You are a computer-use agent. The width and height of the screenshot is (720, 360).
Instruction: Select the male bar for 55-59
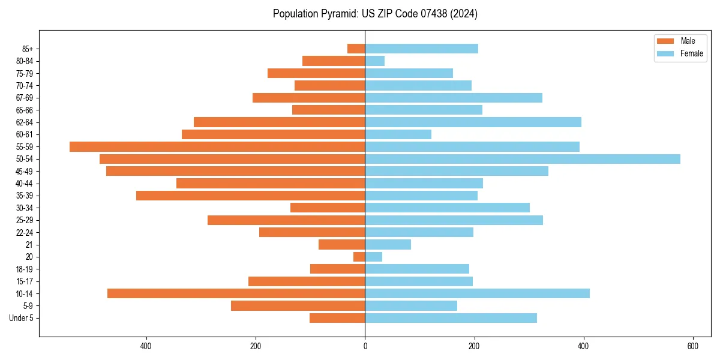click(217, 146)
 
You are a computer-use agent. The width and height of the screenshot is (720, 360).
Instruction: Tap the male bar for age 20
click(359, 257)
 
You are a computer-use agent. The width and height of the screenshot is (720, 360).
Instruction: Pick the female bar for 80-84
click(375, 61)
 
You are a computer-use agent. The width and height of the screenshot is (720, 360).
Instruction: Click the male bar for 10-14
click(236, 293)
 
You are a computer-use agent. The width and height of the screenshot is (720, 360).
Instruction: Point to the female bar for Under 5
click(451, 318)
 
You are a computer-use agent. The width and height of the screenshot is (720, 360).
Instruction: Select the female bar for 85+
click(422, 49)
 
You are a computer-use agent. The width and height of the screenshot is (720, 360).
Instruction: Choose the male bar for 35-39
click(251, 196)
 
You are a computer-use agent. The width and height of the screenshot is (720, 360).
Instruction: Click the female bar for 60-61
click(398, 134)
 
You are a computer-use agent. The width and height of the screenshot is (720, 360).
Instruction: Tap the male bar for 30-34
click(328, 208)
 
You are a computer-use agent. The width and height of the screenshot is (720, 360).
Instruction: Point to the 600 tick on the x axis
click(692, 346)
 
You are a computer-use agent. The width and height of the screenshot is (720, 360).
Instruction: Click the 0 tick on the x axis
click(365, 346)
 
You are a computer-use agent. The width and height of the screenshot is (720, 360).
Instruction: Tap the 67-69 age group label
click(25, 98)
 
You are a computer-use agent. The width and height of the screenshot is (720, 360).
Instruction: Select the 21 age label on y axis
click(29, 245)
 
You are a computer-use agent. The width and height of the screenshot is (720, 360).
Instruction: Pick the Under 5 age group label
click(21, 318)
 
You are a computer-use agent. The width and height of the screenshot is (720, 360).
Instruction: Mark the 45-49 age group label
click(25, 171)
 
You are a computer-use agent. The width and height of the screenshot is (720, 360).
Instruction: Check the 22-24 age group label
click(25, 232)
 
